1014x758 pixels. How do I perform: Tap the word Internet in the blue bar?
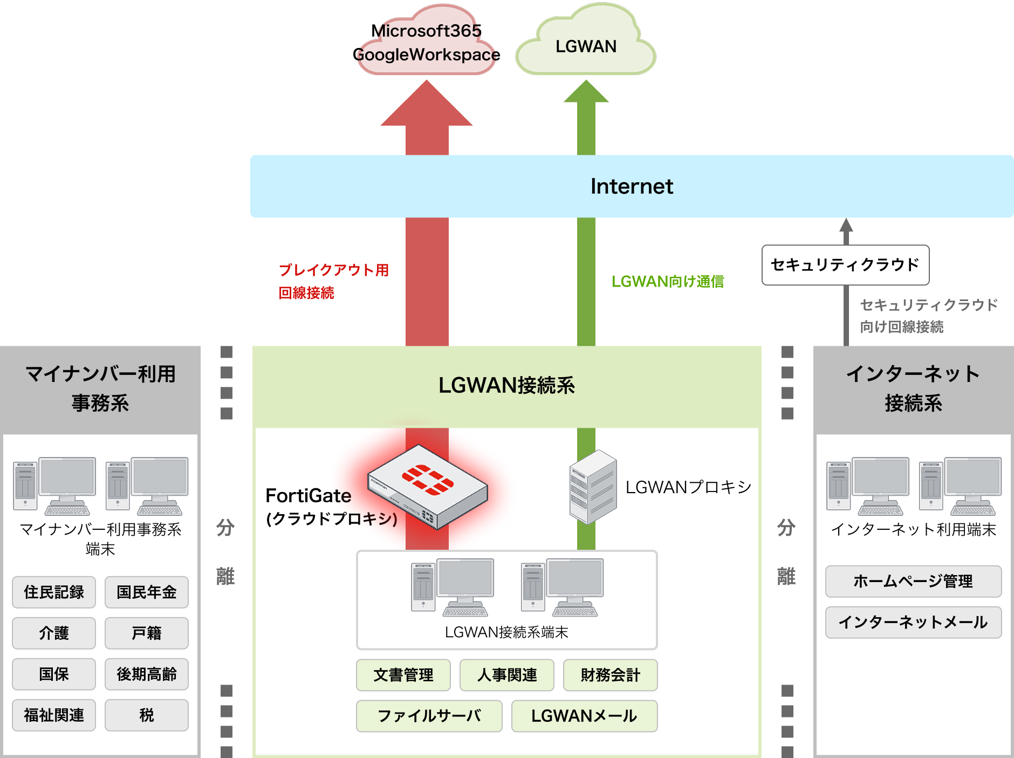click(x=632, y=187)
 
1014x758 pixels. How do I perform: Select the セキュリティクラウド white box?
click(x=845, y=265)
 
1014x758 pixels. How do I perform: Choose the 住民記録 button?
click(x=54, y=592)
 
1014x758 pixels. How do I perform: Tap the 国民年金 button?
click(x=146, y=592)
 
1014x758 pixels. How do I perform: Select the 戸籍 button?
click(x=146, y=633)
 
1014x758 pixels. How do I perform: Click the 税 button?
click(x=146, y=715)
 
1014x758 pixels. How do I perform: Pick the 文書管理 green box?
click(x=403, y=675)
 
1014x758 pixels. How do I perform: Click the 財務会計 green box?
click(x=610, y=675)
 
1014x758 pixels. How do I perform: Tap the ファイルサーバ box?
click(x=429, y=716)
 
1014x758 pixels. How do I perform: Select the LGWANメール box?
click(x=584, y=716)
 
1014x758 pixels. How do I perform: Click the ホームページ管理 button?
click(x=913, y=581)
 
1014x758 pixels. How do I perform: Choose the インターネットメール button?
click(x=913, y=622)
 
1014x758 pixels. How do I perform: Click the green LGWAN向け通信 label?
click(x=667, y=282)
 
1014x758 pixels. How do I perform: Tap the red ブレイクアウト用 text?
click(x=333, y=270)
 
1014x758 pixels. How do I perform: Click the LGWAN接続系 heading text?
click(x=506, y=385)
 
